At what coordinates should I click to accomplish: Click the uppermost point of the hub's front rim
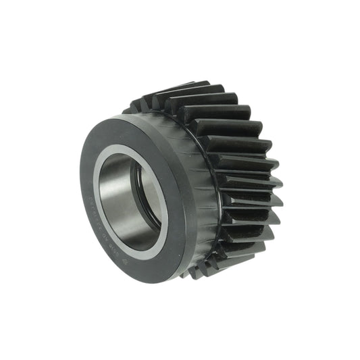pyautogui.click(x=125, y=116)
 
